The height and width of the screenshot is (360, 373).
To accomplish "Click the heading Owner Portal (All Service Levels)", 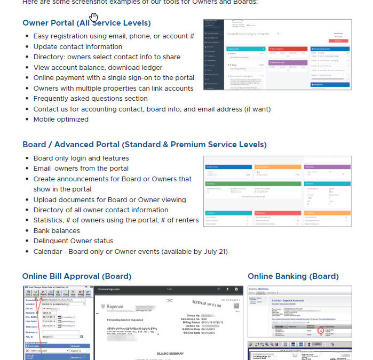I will pyautogui.click(x=86, y=23).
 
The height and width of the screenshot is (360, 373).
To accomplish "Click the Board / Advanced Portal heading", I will pyautogui.click(x=145, y=145).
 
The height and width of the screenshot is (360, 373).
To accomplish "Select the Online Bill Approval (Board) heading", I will pyautogui.click(x=76, y=276).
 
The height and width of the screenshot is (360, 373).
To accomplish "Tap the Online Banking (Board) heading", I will pyautogui.click(x=293, y=276).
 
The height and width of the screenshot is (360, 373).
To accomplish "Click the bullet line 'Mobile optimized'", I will pyautogui.click(x=61, y=119).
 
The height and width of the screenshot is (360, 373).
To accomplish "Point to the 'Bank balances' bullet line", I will pyautogui.click(x=57, y=231).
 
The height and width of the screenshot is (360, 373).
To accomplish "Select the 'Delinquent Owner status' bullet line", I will pyautogui.click(x=73, y=241).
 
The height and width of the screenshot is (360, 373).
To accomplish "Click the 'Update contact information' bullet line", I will pyautogui.click(x=77, y=47).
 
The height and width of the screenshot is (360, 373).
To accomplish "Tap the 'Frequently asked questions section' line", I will pyautogui.click(x=90, y=99).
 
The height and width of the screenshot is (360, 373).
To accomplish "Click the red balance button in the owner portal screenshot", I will pyautogui.click(x=338, y=41).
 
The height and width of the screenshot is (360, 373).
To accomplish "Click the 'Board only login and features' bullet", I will pyautogui.click(x=81, y=158).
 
